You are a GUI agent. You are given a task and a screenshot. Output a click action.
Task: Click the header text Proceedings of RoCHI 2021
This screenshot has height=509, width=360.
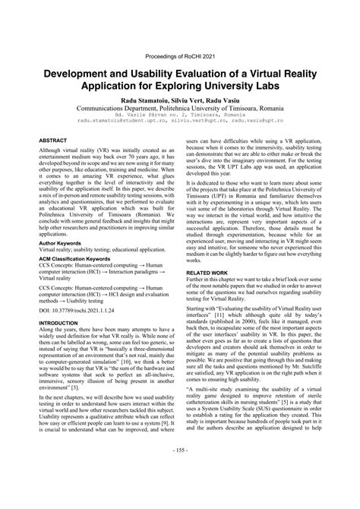pyautogui.click(x=179, y=55)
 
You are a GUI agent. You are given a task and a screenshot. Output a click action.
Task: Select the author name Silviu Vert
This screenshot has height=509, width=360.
pyautogui.click(x=180, y=100)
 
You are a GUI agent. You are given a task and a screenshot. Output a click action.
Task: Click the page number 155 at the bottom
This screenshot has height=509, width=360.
pyautogui.click(x=180, y=493)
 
